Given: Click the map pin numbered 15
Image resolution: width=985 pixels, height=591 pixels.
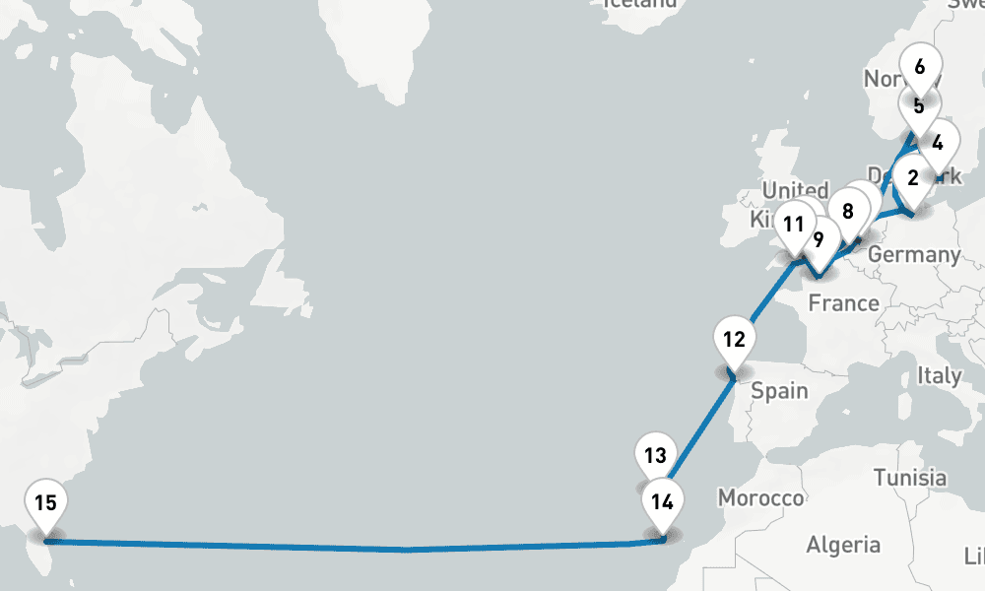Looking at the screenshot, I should point(45,503).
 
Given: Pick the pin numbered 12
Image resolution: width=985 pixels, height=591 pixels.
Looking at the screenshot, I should point(734,341).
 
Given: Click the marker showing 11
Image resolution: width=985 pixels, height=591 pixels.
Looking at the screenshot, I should point(794,224).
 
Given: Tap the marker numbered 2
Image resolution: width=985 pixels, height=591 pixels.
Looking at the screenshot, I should point(913,178).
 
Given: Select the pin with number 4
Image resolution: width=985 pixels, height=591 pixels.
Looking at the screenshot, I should point(938,142).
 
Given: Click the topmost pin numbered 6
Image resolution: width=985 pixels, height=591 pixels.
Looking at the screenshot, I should point(920,67).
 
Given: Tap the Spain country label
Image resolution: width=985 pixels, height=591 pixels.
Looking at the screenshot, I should point(779,391).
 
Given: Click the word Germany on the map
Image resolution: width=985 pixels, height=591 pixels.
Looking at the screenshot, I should point(914,254).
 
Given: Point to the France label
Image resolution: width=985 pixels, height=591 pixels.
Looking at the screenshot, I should point(843,303).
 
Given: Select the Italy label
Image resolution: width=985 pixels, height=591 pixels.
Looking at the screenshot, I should point(939,375).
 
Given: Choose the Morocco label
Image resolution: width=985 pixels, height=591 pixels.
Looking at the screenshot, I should point(760,498).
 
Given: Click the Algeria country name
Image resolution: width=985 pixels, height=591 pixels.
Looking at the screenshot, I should point(842,544).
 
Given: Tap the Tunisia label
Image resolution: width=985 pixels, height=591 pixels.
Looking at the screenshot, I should point(909,478).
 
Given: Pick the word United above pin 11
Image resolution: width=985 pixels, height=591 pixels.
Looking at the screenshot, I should point(796,190).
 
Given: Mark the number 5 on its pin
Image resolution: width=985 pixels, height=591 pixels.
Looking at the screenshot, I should point(918,105).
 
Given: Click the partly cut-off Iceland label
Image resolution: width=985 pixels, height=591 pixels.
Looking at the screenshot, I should point(641,4).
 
